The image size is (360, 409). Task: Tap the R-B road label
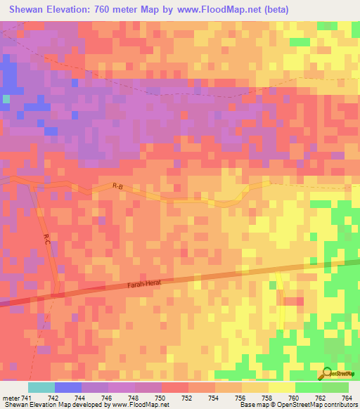[x=117, y=186]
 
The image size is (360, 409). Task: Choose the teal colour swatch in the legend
[x=41, y=387]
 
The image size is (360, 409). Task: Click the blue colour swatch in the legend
[x=67, y=387]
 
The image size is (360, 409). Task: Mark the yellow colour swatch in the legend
[x=281, y=387]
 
